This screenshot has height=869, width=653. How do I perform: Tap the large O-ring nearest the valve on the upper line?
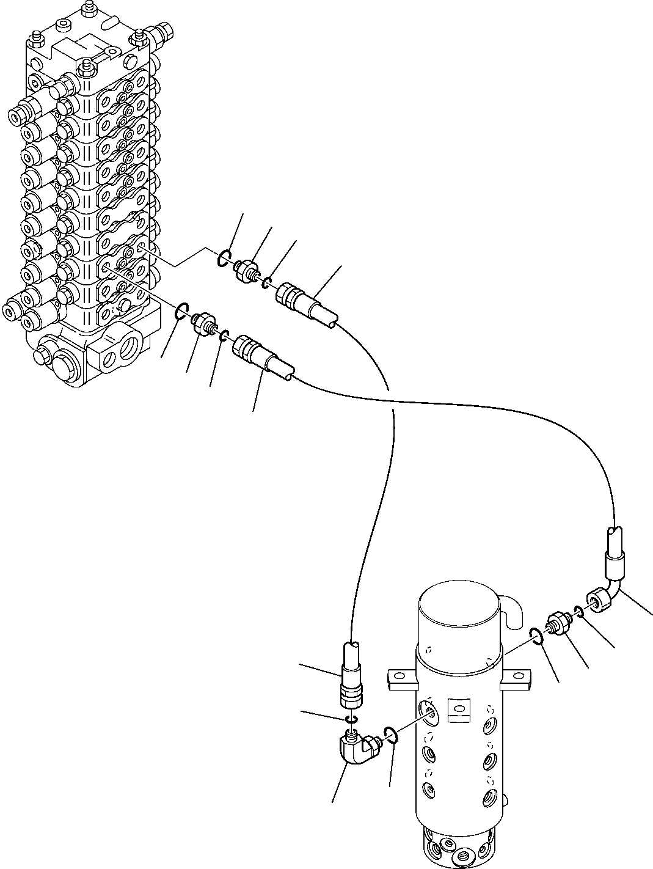224,260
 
